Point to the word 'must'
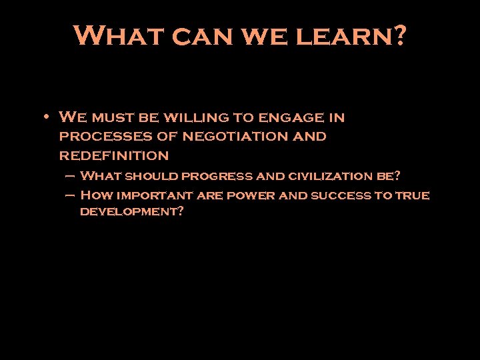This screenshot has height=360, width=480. click(x=113, y=119)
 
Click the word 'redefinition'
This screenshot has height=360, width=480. click(x=114, y=155)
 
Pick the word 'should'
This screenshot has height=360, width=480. click(x=152, y=177)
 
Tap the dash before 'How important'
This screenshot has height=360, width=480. click(x=70, y=195)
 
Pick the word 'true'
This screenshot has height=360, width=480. click(x=412, y=196)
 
